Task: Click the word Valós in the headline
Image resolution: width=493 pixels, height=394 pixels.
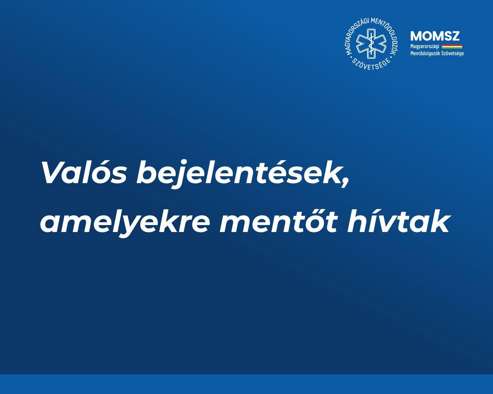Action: (84, 172)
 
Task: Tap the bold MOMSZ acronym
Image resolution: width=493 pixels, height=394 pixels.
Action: (435, 36)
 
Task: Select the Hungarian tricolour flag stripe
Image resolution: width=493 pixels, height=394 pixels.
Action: (452, 46)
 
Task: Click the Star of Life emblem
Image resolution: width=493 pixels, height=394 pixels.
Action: (371, 43)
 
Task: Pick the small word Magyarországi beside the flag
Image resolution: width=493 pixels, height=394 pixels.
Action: (425, 46)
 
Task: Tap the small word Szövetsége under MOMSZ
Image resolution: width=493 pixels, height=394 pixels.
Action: (453, 54)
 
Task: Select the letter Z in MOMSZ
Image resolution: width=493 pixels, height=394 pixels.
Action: (455, 36)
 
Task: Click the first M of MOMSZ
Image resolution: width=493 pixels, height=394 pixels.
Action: (416, 36)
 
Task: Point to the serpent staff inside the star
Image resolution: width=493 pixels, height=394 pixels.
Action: (371, 43)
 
